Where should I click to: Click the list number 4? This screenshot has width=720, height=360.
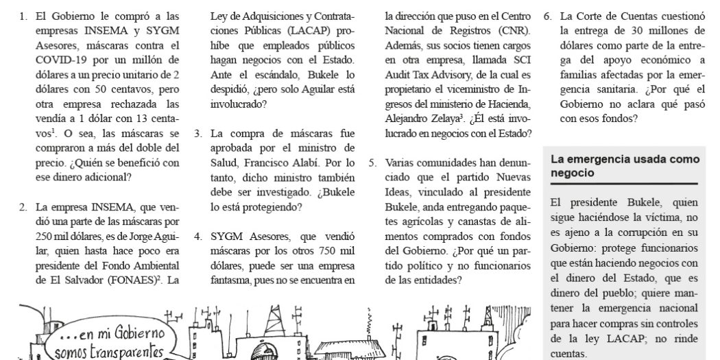(x=197, y=236)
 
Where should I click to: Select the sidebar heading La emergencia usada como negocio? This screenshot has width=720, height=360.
(x=625, y=166)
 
